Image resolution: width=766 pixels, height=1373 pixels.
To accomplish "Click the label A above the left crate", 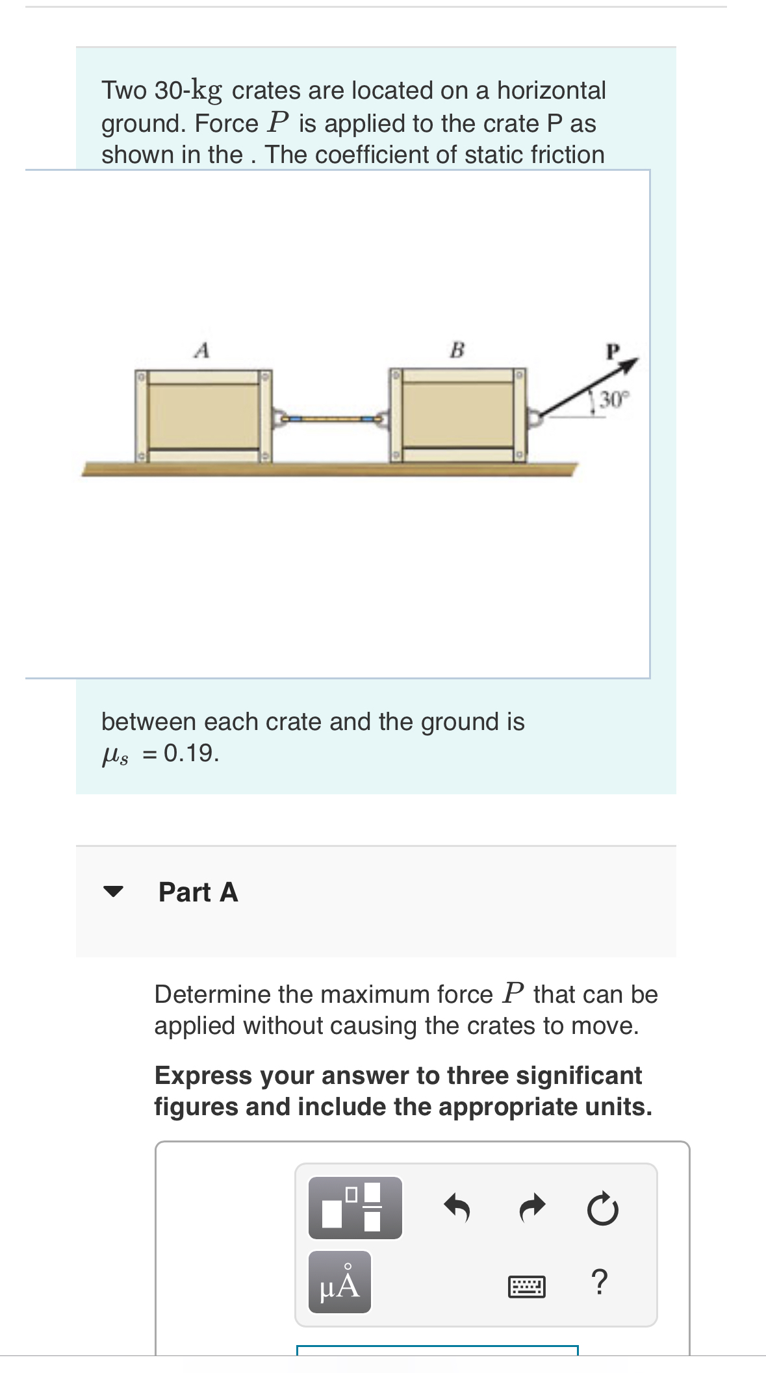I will pos(202,351).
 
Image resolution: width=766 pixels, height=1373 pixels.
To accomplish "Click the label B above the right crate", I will pos(457,350).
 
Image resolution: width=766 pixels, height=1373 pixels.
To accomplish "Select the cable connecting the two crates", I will pos(331,420).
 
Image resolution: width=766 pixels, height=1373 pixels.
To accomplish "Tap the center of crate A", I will pos(203,416).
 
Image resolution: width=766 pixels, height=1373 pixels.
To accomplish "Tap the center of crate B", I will pos(457,416).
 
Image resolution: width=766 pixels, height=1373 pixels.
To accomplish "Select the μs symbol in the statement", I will pos(115,755).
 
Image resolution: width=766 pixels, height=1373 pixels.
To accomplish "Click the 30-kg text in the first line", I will pos(188,90).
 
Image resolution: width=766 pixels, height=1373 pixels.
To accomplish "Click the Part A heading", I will pos(198,892).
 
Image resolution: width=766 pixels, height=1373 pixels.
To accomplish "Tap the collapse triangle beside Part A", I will pos(113,892).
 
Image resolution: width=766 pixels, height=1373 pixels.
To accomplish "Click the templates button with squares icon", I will pos(355,1208).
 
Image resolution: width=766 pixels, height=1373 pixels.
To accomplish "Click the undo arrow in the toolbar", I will pos(457,1208).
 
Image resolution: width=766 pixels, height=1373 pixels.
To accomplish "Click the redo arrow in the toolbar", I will pos(532,1208).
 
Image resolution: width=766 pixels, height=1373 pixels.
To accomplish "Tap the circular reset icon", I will pos(602,1209).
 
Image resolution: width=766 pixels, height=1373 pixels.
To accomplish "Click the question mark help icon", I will pos(600,1282).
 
